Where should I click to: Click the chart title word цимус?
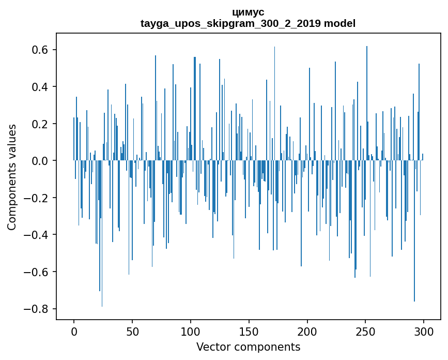tap(248, 12)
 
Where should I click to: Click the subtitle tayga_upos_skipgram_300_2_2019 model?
tap(248, 24)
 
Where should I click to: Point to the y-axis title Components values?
tap(12, 177)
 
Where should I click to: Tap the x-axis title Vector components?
tap(248, 347)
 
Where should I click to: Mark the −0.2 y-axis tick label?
tap(36, 198)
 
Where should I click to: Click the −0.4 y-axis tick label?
tap(36, 235)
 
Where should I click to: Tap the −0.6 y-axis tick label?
tap(36, 272)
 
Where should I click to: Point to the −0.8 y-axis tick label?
tap(36, 309)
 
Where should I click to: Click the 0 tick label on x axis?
tap(74, 331)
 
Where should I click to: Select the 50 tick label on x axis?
tap(132, 331)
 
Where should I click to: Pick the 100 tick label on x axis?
tap(191, 331)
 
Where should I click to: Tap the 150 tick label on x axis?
tap(249, 331)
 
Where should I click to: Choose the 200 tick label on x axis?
tap(307, 331)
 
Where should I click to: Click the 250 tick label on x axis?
tap(366, 331)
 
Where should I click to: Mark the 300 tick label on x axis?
tap(424, 331)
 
